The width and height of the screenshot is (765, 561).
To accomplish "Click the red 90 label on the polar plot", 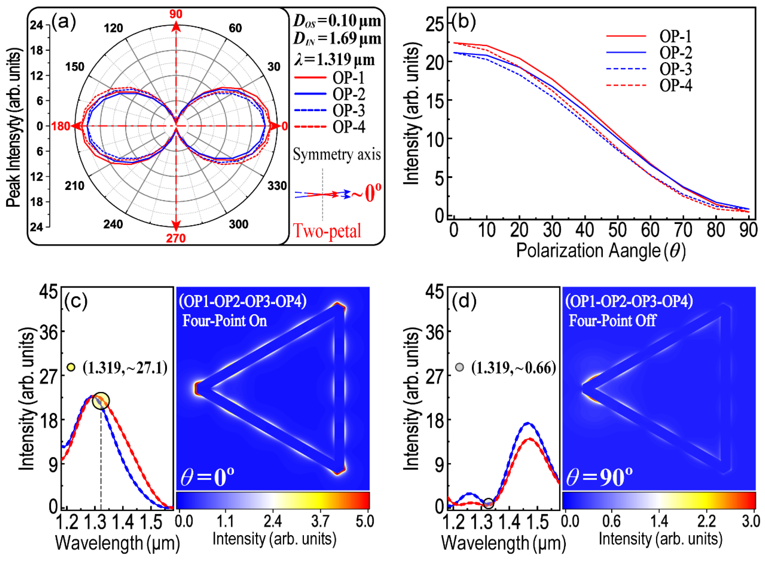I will pyautogui.click(x=176, y=14).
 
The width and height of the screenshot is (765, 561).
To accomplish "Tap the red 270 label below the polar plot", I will pyautogui.click(x=176, y=238).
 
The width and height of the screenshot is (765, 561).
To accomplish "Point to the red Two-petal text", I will pyautogui.click(x=327, y=231).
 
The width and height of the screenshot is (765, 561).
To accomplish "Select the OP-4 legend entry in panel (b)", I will pyautogui.click(x=675, y=85).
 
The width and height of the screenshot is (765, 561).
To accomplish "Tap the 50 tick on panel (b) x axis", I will pyautogui.click(x=617, y=230).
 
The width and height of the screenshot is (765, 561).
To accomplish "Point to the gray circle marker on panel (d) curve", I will pyautogui.click(x=488, y=503).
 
